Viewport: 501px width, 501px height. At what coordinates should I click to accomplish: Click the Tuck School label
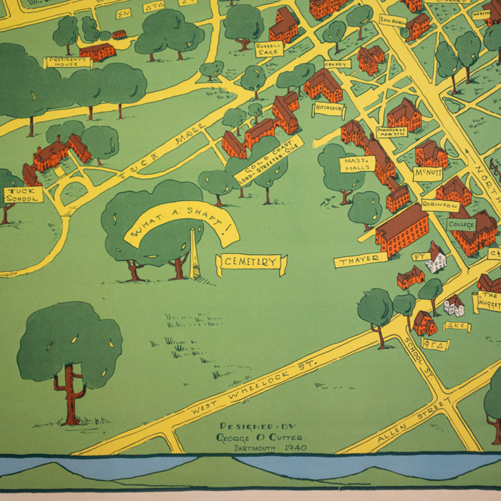point(24,195)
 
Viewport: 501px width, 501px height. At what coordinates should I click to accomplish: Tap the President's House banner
point(69,62)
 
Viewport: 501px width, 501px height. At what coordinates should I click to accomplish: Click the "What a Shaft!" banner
point(180,222)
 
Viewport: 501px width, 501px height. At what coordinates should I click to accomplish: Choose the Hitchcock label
point(329,109)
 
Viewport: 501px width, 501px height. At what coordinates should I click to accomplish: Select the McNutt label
point(427,173)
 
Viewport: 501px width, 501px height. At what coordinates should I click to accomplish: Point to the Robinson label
point(440,205)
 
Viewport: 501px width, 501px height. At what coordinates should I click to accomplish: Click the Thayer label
point(359,261)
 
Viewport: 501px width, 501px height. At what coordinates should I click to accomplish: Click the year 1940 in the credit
point(295,447)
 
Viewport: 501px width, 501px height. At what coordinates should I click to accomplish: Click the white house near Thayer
point(436,259)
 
